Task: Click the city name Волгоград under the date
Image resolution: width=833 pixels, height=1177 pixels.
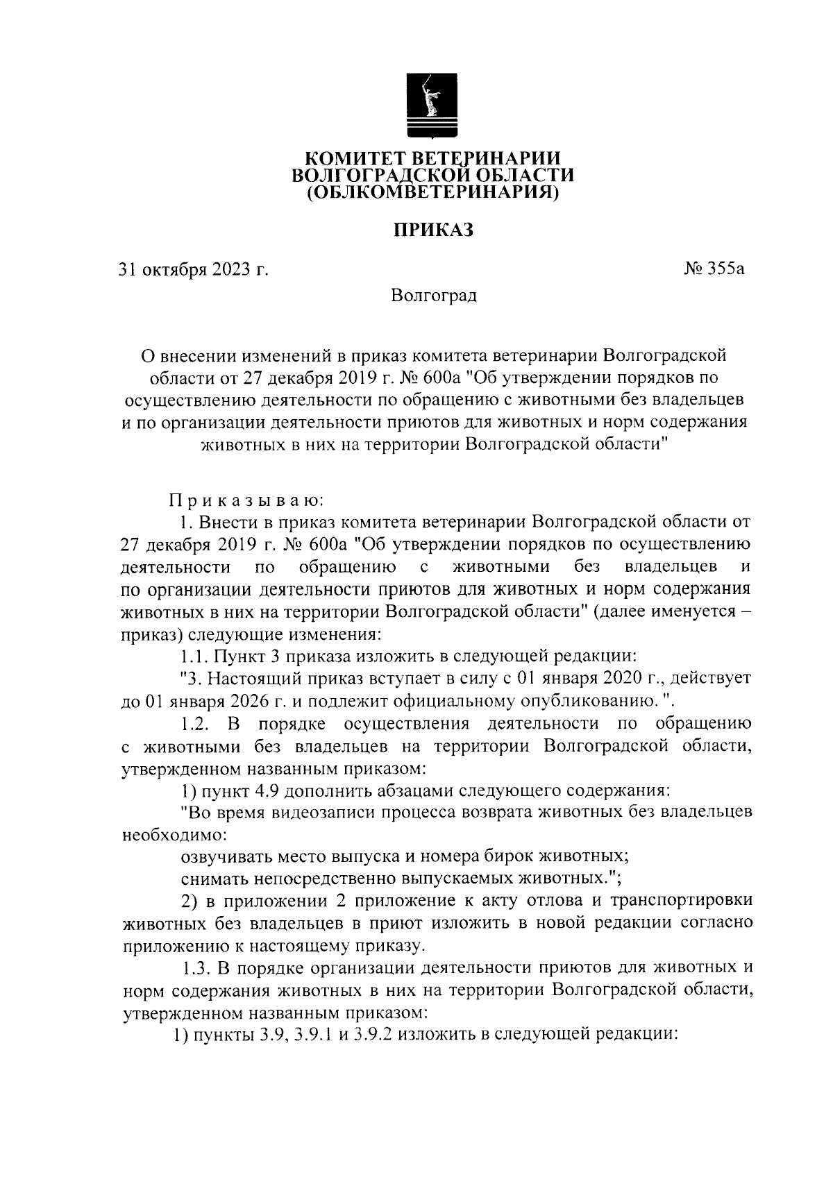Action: [x=433, y=296]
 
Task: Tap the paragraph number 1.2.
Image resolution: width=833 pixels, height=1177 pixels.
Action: [x=196, y=724]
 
